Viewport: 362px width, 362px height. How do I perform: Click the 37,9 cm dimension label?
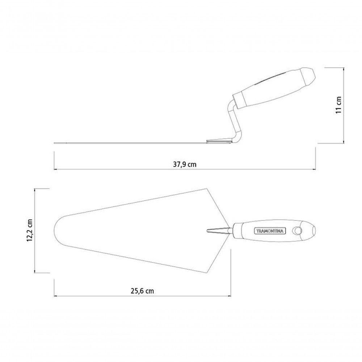tap(185, 164)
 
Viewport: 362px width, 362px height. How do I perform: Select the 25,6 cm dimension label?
tap(142, 291)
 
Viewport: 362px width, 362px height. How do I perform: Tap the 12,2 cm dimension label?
tap(30, 230)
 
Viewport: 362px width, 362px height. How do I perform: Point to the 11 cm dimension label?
tap(338, 105)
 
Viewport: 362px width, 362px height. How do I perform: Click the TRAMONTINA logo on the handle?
tap(270, 231)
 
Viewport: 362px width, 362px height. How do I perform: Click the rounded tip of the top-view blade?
tap(55, 230)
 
